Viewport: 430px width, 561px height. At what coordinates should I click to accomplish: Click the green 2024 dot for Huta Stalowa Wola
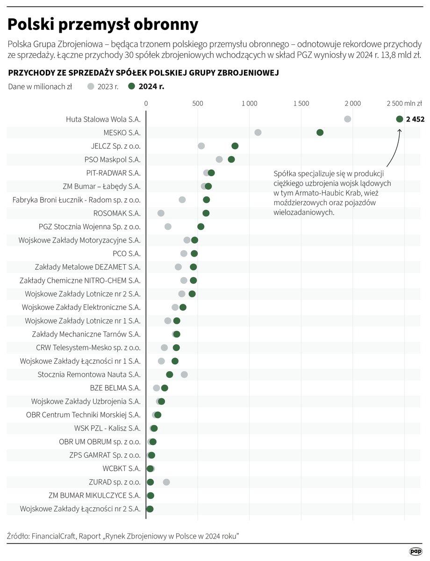[399, 119]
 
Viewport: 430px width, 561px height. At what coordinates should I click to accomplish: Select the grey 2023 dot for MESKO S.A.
[258, 133]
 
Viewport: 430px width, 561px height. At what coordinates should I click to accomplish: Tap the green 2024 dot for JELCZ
[235, 146]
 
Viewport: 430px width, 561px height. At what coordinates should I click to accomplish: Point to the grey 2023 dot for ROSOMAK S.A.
[161, 213]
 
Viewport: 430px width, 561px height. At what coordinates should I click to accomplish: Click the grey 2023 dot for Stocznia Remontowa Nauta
[184, 374]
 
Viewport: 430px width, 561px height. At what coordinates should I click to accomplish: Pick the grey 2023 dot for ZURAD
[166, 482]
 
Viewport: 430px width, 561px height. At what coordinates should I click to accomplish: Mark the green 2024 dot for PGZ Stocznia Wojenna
[201, 227]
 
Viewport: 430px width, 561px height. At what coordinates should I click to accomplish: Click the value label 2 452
[415, 119]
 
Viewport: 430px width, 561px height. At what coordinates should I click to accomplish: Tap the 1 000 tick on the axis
[249, 103]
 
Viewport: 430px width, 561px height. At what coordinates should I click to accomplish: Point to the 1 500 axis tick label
[301, 103]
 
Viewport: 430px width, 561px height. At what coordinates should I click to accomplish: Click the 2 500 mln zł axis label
[404, 103]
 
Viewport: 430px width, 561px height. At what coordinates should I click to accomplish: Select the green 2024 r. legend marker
[132, 86]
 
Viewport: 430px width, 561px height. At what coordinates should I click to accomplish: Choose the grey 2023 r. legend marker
[91, 86]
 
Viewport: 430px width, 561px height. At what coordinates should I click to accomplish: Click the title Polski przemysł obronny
[103, 24]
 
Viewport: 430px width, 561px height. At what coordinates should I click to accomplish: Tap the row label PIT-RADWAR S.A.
[113, 173]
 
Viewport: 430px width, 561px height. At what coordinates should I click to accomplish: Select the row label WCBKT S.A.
[122, 468]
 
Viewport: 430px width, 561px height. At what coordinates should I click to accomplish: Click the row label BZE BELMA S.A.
[115, 388]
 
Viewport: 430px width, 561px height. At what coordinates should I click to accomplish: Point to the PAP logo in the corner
[416, 552]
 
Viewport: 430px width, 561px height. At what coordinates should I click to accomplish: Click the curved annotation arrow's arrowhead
[400, 130]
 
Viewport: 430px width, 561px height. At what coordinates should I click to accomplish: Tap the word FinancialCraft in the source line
[54, 536]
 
